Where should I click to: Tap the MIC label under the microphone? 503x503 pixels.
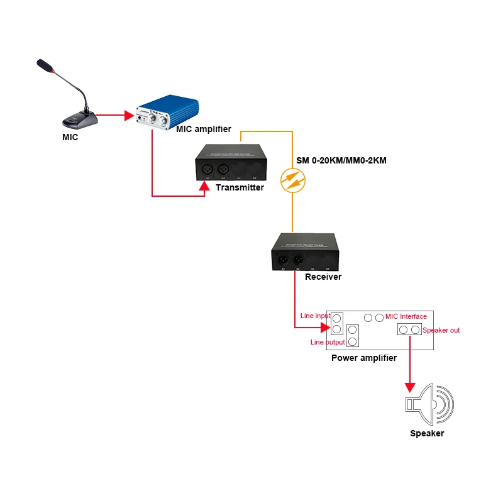pyautogui.click(x=70, y=137)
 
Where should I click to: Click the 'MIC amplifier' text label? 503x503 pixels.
pyautogui.click(x=204, y=130)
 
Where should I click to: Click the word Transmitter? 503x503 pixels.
pyautogui.click(x=240, y=187)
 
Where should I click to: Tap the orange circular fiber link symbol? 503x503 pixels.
pyautogui.click(x=293, y=180)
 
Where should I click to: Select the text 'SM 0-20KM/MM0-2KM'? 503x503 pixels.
pyautogui.click(x=341, y=161)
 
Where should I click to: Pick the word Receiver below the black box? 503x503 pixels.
pyautogui.click(x=323, y=277)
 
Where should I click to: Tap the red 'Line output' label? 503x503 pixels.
pyautogui.click(x=328, y=342)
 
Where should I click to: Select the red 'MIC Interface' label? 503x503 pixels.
pyautogui.click(x=406, y=316)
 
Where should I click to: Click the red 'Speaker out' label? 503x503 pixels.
pyautogui.click(x=441, y=330)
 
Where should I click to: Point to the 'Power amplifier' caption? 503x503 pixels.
pyautogui.click(x=364, y=358)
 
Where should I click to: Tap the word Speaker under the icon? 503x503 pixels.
pyautogui.click(x=427, y=433)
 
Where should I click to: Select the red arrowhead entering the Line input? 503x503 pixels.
pyautogui.click(x=325, y=328)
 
